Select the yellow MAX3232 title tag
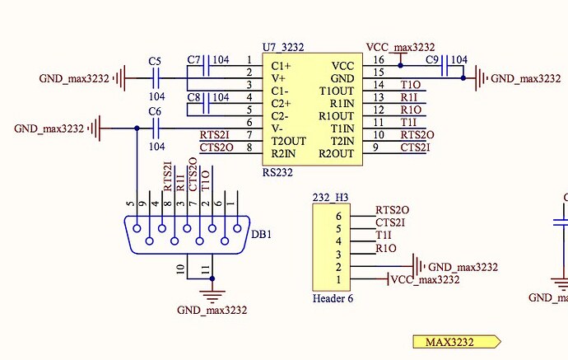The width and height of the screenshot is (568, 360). [x=456, y=342]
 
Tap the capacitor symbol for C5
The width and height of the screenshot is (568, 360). [x=156, y=78]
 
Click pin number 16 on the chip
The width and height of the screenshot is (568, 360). [x=378, y=60]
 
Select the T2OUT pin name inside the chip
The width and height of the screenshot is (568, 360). [x=289, y=140]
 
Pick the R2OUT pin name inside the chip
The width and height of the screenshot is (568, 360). [x=336, y=153]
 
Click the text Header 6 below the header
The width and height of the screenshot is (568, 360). [x=333, y=298]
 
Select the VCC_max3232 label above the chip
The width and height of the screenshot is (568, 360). [x=399, y=48]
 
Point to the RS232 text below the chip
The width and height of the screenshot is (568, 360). [x=279, y=172]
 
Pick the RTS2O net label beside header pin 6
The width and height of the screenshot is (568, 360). [x=393, y=211]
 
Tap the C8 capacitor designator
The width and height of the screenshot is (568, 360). [x=193, y=97]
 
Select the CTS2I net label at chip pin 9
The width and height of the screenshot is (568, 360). [x=414, y=148]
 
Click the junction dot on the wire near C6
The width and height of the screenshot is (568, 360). [x=137, y=129]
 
